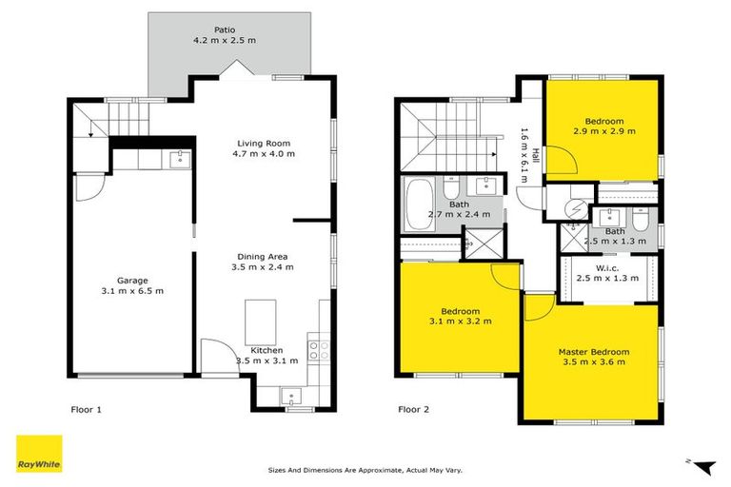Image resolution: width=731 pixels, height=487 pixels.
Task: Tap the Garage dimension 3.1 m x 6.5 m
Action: coord(133,290)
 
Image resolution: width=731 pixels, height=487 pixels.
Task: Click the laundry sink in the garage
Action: coord(178,158)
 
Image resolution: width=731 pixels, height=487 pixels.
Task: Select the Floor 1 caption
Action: coord(86,411)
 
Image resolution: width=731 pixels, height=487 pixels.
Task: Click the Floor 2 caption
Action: coord(413,411)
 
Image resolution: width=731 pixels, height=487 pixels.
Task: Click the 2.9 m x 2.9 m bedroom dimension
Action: coord(603,132)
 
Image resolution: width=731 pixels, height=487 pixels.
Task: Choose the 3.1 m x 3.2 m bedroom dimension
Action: coord(461,322)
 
